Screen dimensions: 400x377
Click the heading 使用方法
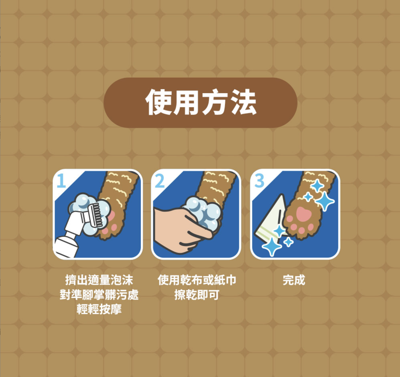click(201, 102)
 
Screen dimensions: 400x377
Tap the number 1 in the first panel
click(61, 181)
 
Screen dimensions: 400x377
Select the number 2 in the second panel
click(160, 181)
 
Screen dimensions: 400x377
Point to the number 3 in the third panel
click(259, 181)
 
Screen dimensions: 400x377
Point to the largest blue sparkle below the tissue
click(272, 247)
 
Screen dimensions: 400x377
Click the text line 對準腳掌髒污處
click(99, 295)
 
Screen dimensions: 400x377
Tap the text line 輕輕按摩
click(99, 309)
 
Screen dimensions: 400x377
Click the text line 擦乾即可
click(197, 295)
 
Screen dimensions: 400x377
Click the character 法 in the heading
click(243, 102)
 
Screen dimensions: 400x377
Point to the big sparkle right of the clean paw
click(325, 201)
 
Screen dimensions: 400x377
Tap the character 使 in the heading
click(158, 102)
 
